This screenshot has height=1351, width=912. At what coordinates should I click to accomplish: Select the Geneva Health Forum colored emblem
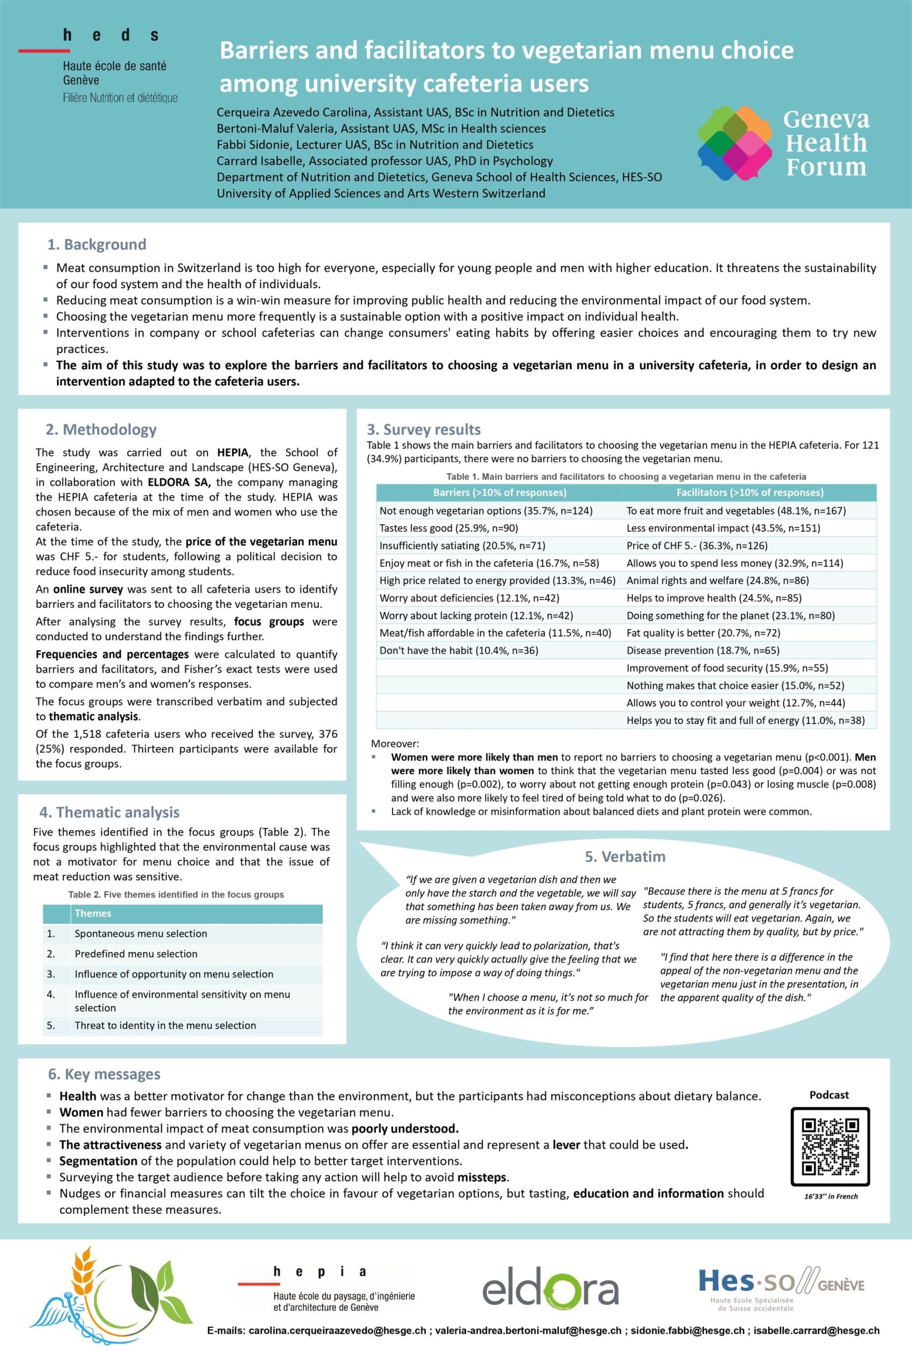735,143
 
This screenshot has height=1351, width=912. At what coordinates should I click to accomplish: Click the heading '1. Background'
97,244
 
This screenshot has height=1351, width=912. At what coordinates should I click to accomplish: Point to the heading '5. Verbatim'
625,857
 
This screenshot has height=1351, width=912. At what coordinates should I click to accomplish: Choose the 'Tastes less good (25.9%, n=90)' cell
448,528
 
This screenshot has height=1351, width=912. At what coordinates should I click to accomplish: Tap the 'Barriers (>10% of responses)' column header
499,492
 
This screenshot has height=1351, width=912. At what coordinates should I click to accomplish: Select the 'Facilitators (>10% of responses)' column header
749,492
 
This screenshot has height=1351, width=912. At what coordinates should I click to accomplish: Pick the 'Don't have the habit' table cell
459,650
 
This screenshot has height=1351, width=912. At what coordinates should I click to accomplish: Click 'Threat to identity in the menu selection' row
165,1025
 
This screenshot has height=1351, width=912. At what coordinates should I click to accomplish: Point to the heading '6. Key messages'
104,1074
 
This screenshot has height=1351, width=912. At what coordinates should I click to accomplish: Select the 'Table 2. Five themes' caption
176,895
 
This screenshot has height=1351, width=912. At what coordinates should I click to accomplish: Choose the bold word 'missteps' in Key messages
482,1177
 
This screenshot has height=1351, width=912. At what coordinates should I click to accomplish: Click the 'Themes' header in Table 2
93,914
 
